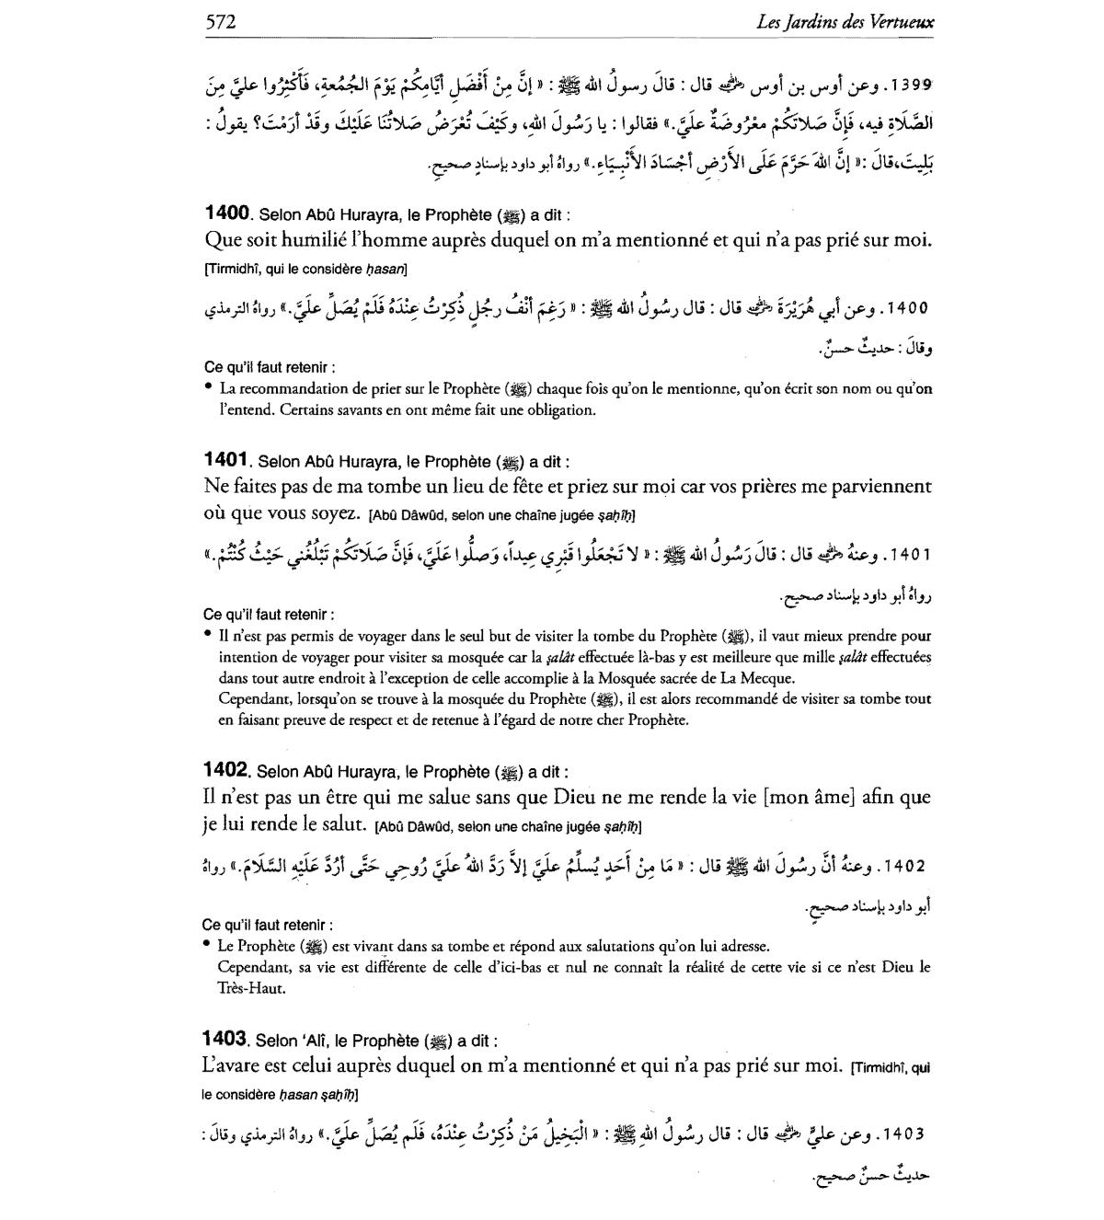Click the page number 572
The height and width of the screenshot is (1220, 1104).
pyautogui.click(x=221, y=21)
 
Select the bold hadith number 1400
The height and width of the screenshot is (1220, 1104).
pyautogui.click(x=226, y=213)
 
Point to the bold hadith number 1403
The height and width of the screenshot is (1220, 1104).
pyautogui.click(x=224, y=1039)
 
